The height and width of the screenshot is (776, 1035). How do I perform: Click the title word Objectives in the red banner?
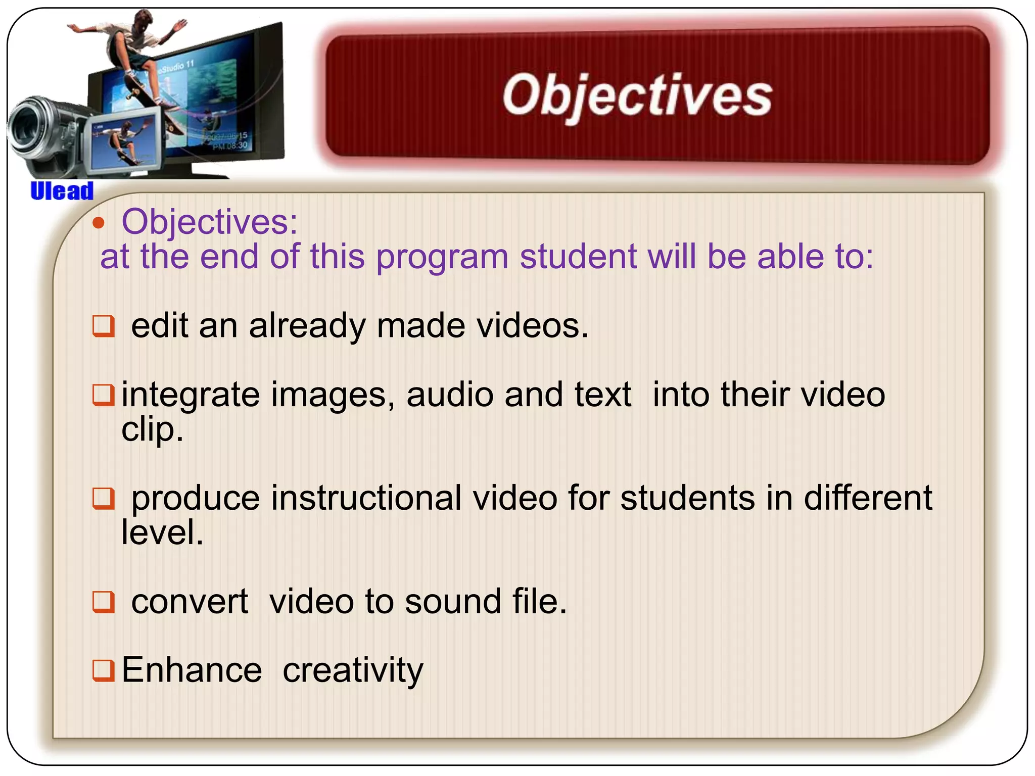(637, 96)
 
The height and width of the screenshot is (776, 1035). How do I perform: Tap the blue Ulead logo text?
(62, 191)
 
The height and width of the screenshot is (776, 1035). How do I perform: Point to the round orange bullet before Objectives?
(99, 223)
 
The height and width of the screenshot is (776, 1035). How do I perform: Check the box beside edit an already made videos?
(104, 326)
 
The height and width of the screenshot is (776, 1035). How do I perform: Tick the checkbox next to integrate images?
(104, 395)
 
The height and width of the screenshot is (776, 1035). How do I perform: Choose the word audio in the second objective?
(450, 395)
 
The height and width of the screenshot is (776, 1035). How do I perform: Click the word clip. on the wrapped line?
(152, 430)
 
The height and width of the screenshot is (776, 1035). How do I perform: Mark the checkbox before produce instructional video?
(104, 498)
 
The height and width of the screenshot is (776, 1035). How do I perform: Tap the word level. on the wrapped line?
(162, 532)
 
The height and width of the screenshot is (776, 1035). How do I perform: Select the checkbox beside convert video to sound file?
(104, 602)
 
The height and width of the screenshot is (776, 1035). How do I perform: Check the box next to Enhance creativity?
(104, 670)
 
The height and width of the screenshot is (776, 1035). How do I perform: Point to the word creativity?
(353, 671)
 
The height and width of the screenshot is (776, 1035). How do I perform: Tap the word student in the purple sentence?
(579, 257)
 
